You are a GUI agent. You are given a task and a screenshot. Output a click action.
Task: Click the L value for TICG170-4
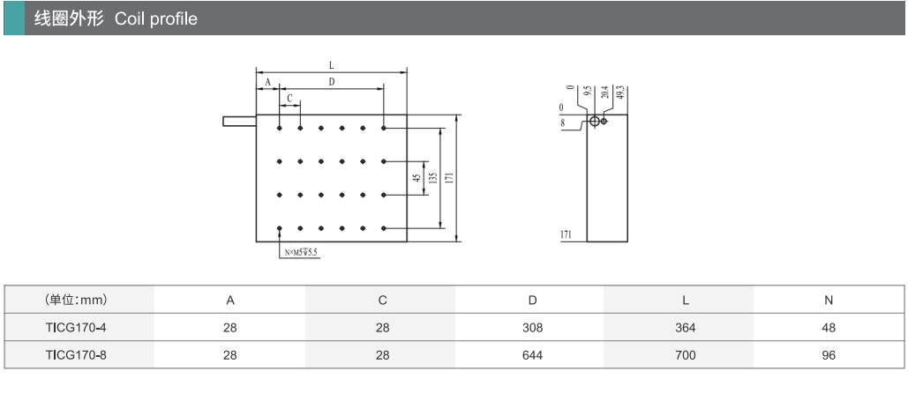click(685, 328)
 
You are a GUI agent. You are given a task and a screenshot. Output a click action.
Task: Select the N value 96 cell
click(828, 355)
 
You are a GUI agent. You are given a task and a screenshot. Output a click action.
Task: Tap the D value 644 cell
click(532, 355)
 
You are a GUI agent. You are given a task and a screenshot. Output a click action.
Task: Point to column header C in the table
click(382, 300)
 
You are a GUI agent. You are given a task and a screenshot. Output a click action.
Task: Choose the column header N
click(828, 300)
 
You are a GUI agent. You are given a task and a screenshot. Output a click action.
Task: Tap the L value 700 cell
click(685, 355)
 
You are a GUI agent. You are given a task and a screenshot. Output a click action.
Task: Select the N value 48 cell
click(828, 328)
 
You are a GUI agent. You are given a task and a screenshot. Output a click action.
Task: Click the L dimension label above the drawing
click(331, 65)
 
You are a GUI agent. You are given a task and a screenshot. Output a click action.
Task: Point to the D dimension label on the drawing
click(331, 81)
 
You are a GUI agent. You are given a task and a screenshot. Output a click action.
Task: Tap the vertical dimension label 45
click(416, 178)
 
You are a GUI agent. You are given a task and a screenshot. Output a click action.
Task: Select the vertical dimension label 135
click(432, 178)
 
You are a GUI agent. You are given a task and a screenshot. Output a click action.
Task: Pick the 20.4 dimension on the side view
click(604, 93)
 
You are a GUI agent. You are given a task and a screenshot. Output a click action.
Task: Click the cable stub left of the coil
click(239, 120)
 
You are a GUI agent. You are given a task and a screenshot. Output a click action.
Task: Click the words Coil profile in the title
click(156, 18)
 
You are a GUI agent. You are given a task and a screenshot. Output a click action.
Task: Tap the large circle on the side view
click(596, 121)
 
